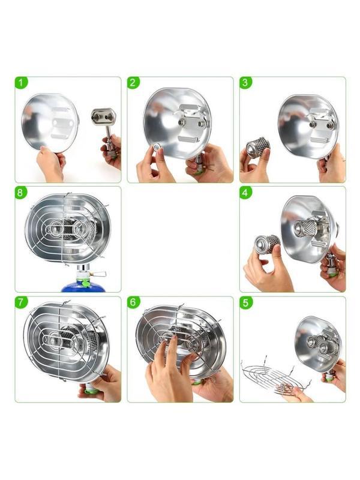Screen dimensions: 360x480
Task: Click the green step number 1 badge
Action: (21, 83)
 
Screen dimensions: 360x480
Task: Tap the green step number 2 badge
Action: (133, 83)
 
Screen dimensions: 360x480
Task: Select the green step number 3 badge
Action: (245, 83)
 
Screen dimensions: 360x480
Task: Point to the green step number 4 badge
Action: (245, 193)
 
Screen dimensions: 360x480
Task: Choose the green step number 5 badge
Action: (245, 303)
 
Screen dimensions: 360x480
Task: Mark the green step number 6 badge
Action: (133, 303)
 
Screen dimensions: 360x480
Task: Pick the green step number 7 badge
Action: (21, 303)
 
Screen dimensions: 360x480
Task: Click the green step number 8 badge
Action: (21, 193)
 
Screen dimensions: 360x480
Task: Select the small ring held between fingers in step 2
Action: (157, 148)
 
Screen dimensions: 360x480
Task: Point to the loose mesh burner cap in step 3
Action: (258, 147)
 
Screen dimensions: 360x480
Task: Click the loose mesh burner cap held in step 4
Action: (267, 244)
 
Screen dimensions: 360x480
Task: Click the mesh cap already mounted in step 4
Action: (306, 227)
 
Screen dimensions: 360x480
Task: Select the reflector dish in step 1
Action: (50, 123)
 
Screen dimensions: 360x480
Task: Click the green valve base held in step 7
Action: (92, 389)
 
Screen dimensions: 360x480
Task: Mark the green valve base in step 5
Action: (329, 379)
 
